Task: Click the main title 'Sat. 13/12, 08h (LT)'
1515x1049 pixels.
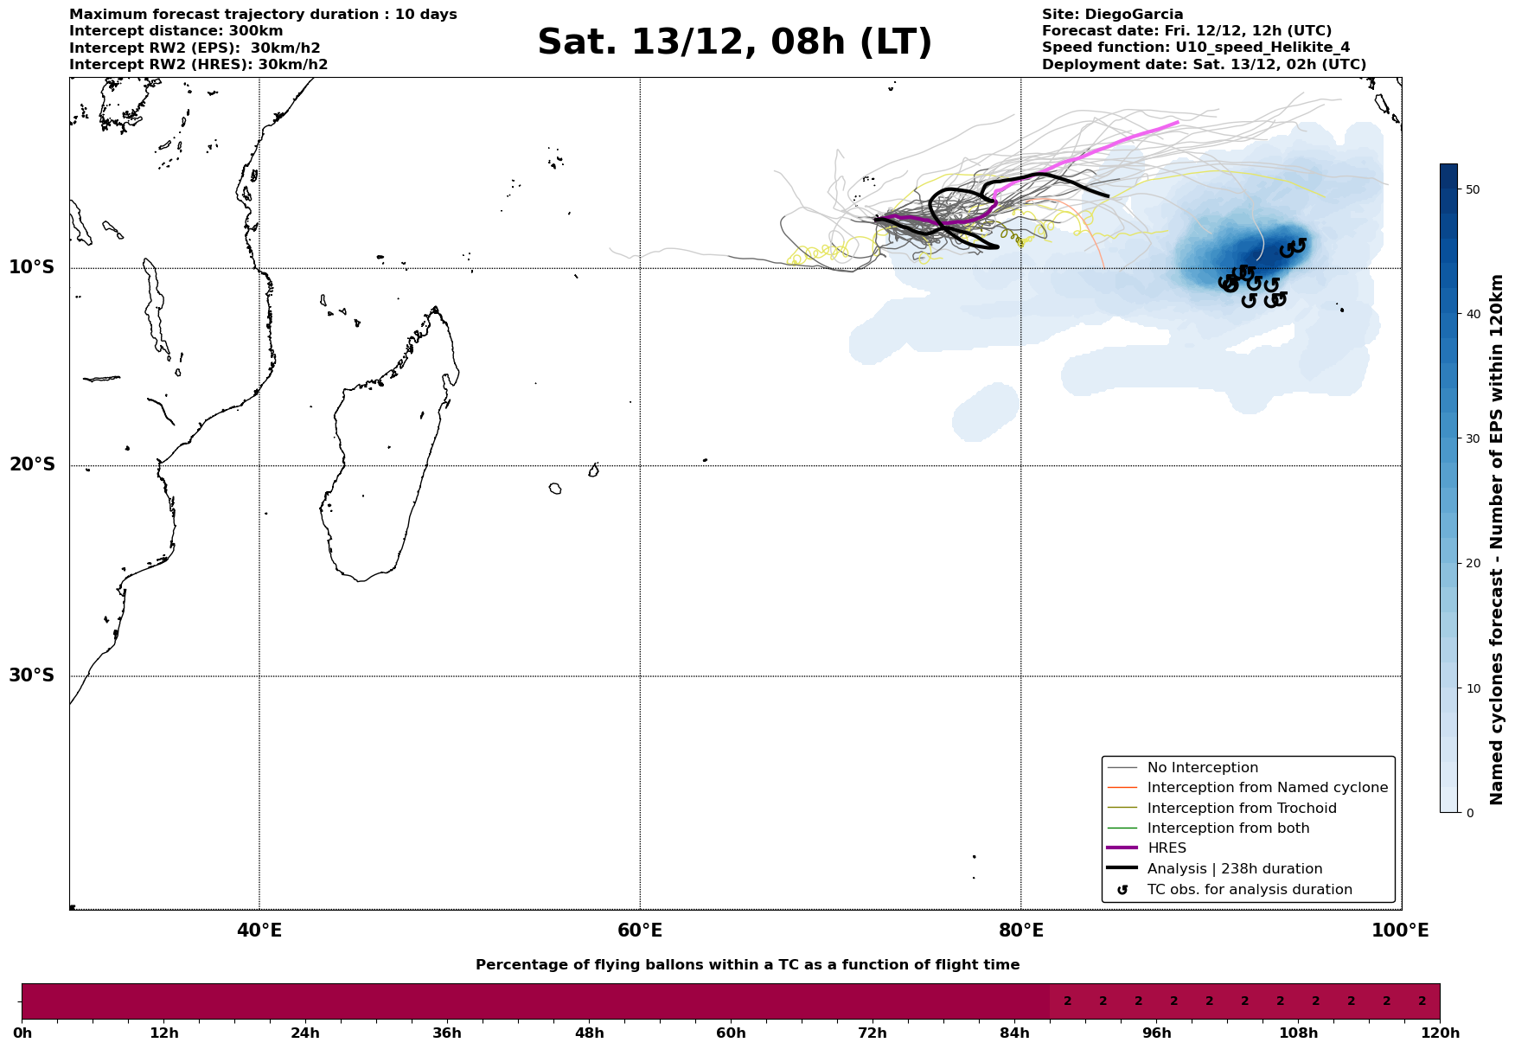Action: pyautogui.click(x=734, y=42)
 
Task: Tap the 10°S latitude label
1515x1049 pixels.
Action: pyautogui.click(x=32, y=267)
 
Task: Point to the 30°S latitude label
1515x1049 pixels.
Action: pyautogui.click(x=32, y=675)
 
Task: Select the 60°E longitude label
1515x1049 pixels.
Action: pyautogui.click(x=640, y=931)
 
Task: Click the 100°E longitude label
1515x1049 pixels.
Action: pyautogui.click(x=1400, y=931)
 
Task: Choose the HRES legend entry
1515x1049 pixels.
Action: pyautogui.click(x=1167, y=848)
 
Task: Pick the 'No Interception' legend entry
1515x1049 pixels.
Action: pyautogui.click(x=1202, y=768)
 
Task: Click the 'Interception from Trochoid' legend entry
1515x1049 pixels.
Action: pyautogui.click(x=1241, y=809)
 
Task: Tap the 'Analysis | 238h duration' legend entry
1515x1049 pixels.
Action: pyautogui.click(x=1234, y=869)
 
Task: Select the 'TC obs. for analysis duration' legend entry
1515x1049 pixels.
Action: pyautogui.click(x=1249, y=890)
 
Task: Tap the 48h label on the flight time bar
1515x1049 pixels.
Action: pyautogui.click(x=589, y=1033)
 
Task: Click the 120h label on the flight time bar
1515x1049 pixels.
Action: pyautogui.click(x=1439, y=1033)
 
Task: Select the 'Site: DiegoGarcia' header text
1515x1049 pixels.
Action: pyautogui.click(x=1112, y=15)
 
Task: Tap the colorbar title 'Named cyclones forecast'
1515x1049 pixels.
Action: pyautogui.click(x=1497, y=540)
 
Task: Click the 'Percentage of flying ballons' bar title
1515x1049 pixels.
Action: pyautogui.click(x=747, y=965)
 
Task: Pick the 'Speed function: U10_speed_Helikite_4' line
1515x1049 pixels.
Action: pyautogui.click(x=1195, y=48)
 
